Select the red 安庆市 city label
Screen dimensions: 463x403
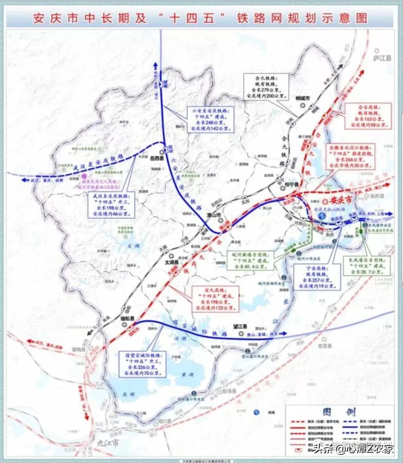point(341,200)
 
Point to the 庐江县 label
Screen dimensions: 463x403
point(382,58)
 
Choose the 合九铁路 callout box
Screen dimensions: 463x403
point(266,86)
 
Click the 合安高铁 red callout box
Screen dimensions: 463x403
point(368,116)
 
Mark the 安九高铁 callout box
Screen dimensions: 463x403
point(215,299)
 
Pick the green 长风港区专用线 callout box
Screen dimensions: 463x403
point(367,265)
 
